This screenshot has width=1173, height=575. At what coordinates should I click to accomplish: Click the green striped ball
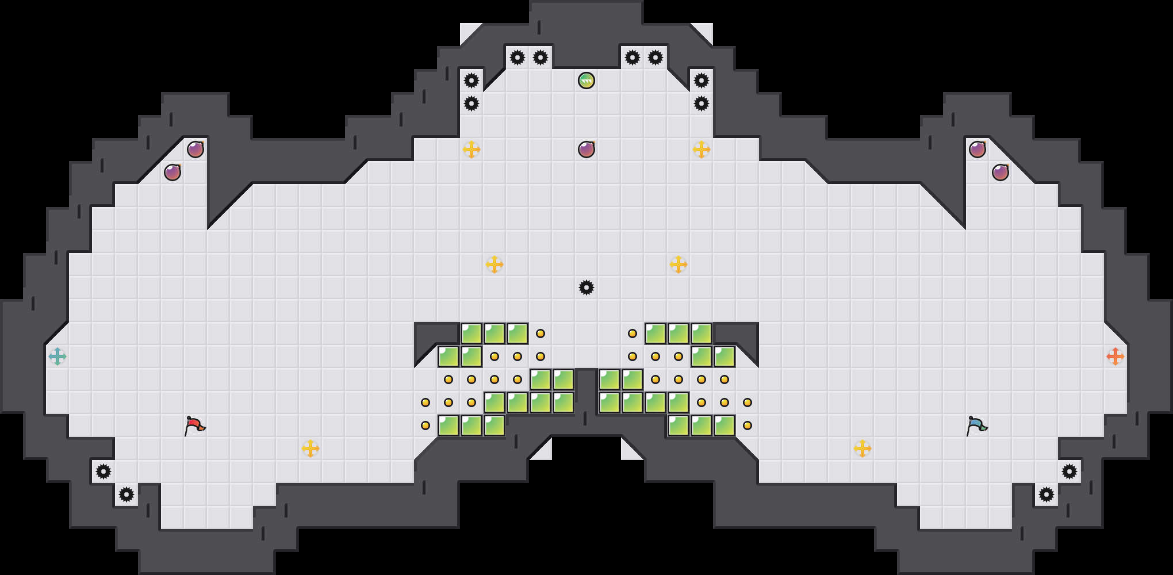pyautogui.click(x=586, y=80)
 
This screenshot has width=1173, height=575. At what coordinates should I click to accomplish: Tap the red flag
pyautogui.click(x=194, y=425)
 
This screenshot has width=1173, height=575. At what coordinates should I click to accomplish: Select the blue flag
pyautogui.click(x=976, y=425)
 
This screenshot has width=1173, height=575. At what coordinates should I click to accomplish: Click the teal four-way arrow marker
pyautogui.click(x=57, y=356)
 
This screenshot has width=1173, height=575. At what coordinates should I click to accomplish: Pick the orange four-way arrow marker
pyautogui.click(x=1115, y=356)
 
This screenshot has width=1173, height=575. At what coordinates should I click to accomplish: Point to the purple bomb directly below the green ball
pyautogui.click(x=586, y=149)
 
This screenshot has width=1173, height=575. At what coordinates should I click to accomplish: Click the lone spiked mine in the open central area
pyautogui.click(x=586, y=287)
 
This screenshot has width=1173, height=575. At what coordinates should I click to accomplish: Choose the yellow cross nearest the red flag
pyautogui.click(x=310, y=448)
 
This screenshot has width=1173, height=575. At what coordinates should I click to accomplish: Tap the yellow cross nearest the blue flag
pyautogui.click(x=862, y=448)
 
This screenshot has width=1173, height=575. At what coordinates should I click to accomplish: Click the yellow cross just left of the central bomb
pyautogui.click(x=471, y=149)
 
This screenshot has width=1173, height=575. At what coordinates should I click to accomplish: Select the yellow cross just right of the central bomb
pyautogui.click(x=701, y=149)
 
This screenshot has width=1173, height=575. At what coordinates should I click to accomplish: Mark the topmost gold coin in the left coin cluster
pyautogui.click(x=540, y=333)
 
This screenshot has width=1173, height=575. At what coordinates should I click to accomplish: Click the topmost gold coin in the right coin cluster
pyautogui.click(x=632, y=333)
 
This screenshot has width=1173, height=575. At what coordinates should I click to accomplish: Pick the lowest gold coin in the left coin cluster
pyautogui.click(x=425, y=425)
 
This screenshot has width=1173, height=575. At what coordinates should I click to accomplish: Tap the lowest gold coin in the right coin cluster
pyautogui.click(x=747, y=425)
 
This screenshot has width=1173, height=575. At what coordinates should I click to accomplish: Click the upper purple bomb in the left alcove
pyautogui.click(x=195, y=149)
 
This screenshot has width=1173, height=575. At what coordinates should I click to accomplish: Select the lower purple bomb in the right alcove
pyautogui.click(x=1000, y=172)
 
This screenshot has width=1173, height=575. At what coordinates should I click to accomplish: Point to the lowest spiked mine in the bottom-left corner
pyautogui.click(x=126, y=494)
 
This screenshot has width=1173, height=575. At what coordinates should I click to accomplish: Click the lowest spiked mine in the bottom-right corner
pyautogui.click(x=1046, y=494)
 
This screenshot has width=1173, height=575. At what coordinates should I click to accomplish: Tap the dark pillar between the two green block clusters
pyautogui.click(x=586, y=397)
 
